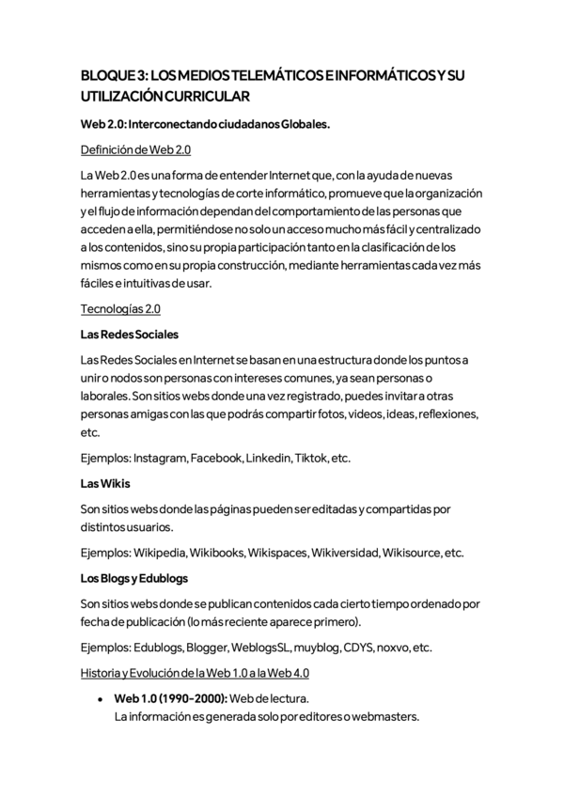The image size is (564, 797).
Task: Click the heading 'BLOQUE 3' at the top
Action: click(x=114, y=75)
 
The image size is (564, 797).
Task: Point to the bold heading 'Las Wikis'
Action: click(x=105, y=483)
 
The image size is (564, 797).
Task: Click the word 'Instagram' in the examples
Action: click(x=160, y=459)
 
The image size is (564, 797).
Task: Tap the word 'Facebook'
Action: click(x=216, y=459)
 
